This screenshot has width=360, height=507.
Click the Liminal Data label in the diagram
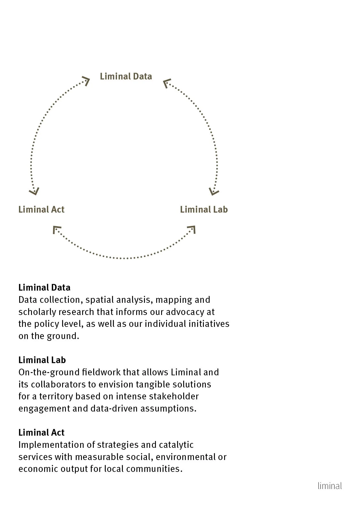(x=126, y=76)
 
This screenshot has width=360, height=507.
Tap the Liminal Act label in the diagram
(x=41, y=209)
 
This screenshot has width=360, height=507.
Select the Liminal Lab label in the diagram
(x=204, y=209)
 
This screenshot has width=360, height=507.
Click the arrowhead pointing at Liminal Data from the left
(x=86, y=81)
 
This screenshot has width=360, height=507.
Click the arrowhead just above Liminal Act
(x=34, y=191)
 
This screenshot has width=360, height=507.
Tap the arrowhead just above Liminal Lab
(x=214, y=191)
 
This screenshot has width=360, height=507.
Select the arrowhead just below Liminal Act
(x=56, y=230)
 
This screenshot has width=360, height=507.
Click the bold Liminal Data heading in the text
(x=44, y=287)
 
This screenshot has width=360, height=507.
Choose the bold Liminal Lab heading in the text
(x=42, y=360)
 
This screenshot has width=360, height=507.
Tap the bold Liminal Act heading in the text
(x=42, y=432)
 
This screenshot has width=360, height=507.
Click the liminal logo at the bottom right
(x=330, y=486)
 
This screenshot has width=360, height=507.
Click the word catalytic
(x=176, y=445)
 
